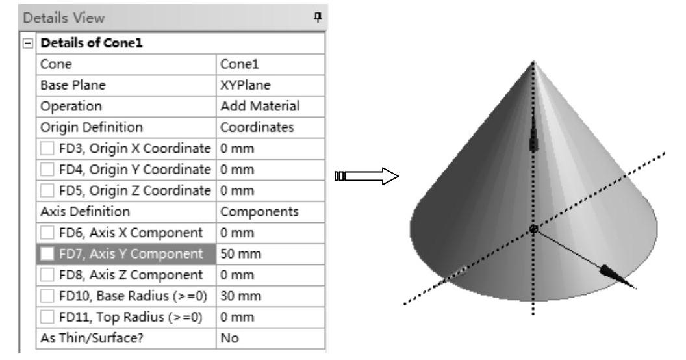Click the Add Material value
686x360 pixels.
coord(259,106)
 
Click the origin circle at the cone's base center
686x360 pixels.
coord(533,229)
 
